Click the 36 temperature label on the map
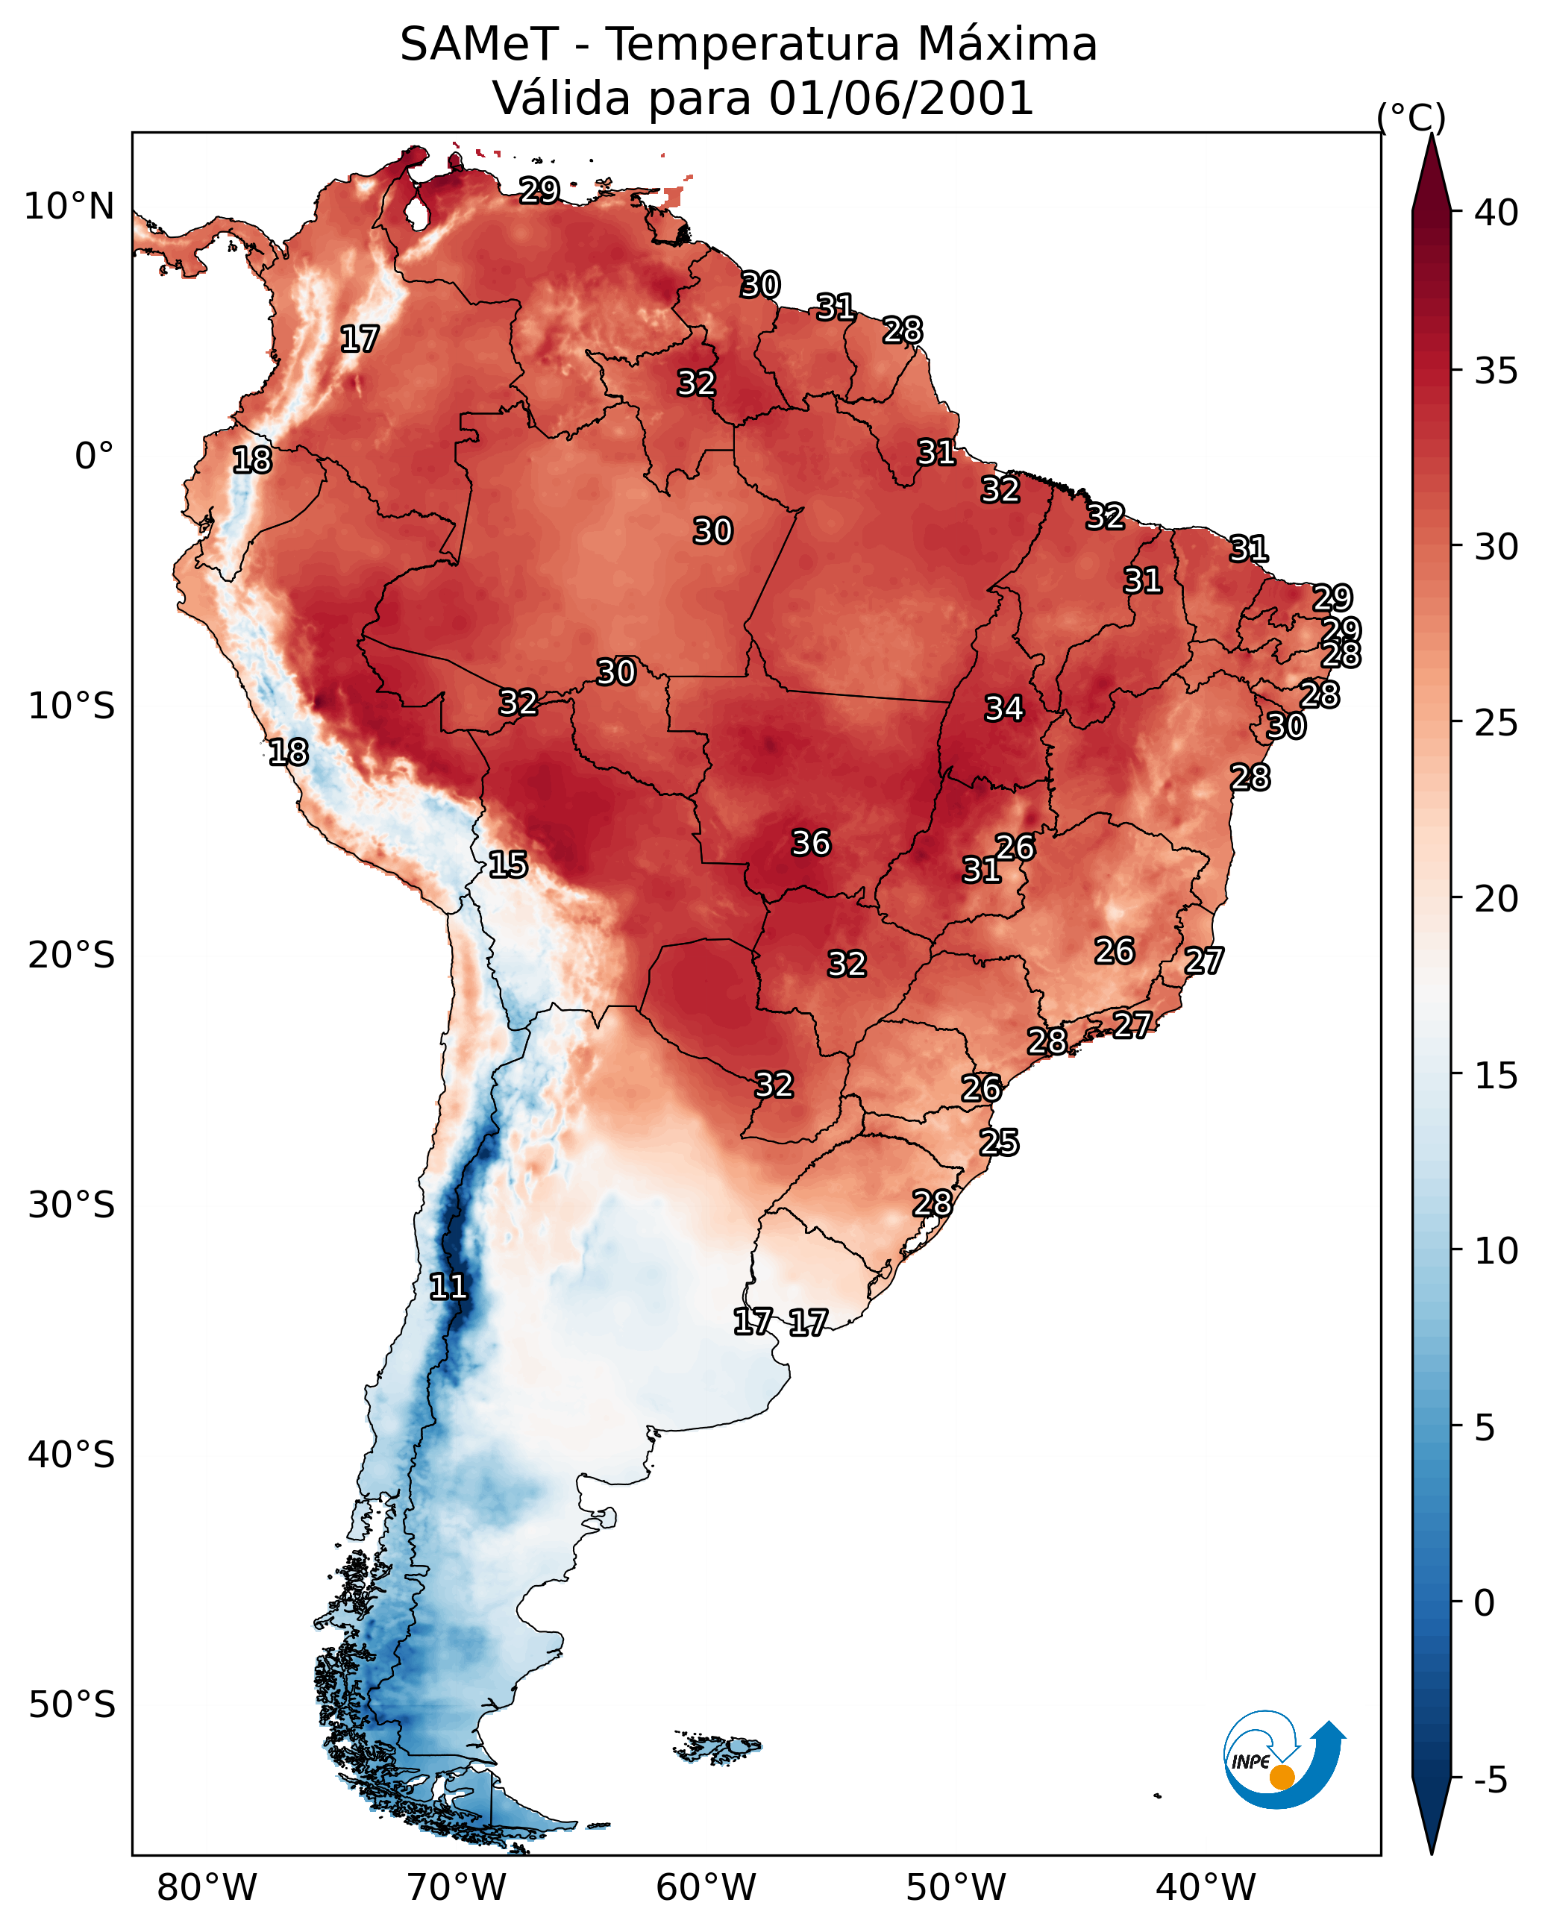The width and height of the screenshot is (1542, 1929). click(811, 843)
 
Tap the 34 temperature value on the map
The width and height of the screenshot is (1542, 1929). click(1003, 709)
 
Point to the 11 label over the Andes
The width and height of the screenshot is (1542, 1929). click(448, 1287)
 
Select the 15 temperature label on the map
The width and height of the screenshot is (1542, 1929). click(507, 865)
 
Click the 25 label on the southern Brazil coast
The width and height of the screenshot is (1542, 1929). click(999, 1143)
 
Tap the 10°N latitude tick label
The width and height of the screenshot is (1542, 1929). click(69, 207)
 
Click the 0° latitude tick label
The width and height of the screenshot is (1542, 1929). click(94, 457)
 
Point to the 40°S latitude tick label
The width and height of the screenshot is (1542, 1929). click(72, 1455)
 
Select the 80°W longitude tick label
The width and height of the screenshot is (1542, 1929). click(207, 1887)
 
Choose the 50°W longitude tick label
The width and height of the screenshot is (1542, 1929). click(956, 1887)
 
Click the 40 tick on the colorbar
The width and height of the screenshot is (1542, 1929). click(1496, 213)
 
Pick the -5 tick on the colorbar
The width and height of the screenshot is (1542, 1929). click(1490, 1780)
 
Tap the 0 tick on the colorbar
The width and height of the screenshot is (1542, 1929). click(1484, 1603)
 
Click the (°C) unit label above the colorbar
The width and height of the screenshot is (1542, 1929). click(1411, 117)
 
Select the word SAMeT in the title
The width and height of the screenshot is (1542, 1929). click(479, 45)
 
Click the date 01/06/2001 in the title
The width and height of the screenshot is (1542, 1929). click(901, 98)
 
